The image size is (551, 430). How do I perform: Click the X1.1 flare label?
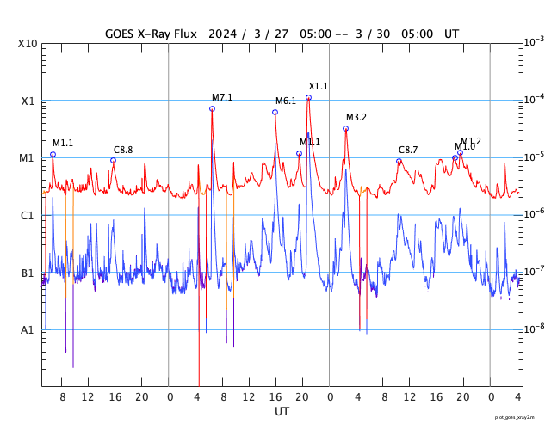(319, 86)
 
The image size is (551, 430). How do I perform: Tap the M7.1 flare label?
(222, 97)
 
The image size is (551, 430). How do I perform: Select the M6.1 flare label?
(286, 101)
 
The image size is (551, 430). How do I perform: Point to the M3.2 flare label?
(356, 117)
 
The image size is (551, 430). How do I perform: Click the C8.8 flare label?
(123, 150)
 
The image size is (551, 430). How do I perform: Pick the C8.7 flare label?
(408, 150)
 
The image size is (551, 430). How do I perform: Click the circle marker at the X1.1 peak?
(308, 98)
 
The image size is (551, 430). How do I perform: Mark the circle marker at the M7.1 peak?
(212, 108)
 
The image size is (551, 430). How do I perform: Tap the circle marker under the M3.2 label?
(345, 129)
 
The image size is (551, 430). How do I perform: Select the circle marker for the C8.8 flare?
(113, 160)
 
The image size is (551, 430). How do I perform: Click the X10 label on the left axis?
(28, 44)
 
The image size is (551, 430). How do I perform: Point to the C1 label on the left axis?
(28, 216)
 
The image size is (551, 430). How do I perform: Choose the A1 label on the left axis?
(28, 330)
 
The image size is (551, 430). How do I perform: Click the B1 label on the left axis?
(28, 273)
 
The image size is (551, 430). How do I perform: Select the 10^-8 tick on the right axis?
(533, 329)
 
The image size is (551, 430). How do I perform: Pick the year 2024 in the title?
(220, 34)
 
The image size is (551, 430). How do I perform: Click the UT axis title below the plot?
(282, 412)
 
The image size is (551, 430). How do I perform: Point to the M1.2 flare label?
(471, 141)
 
